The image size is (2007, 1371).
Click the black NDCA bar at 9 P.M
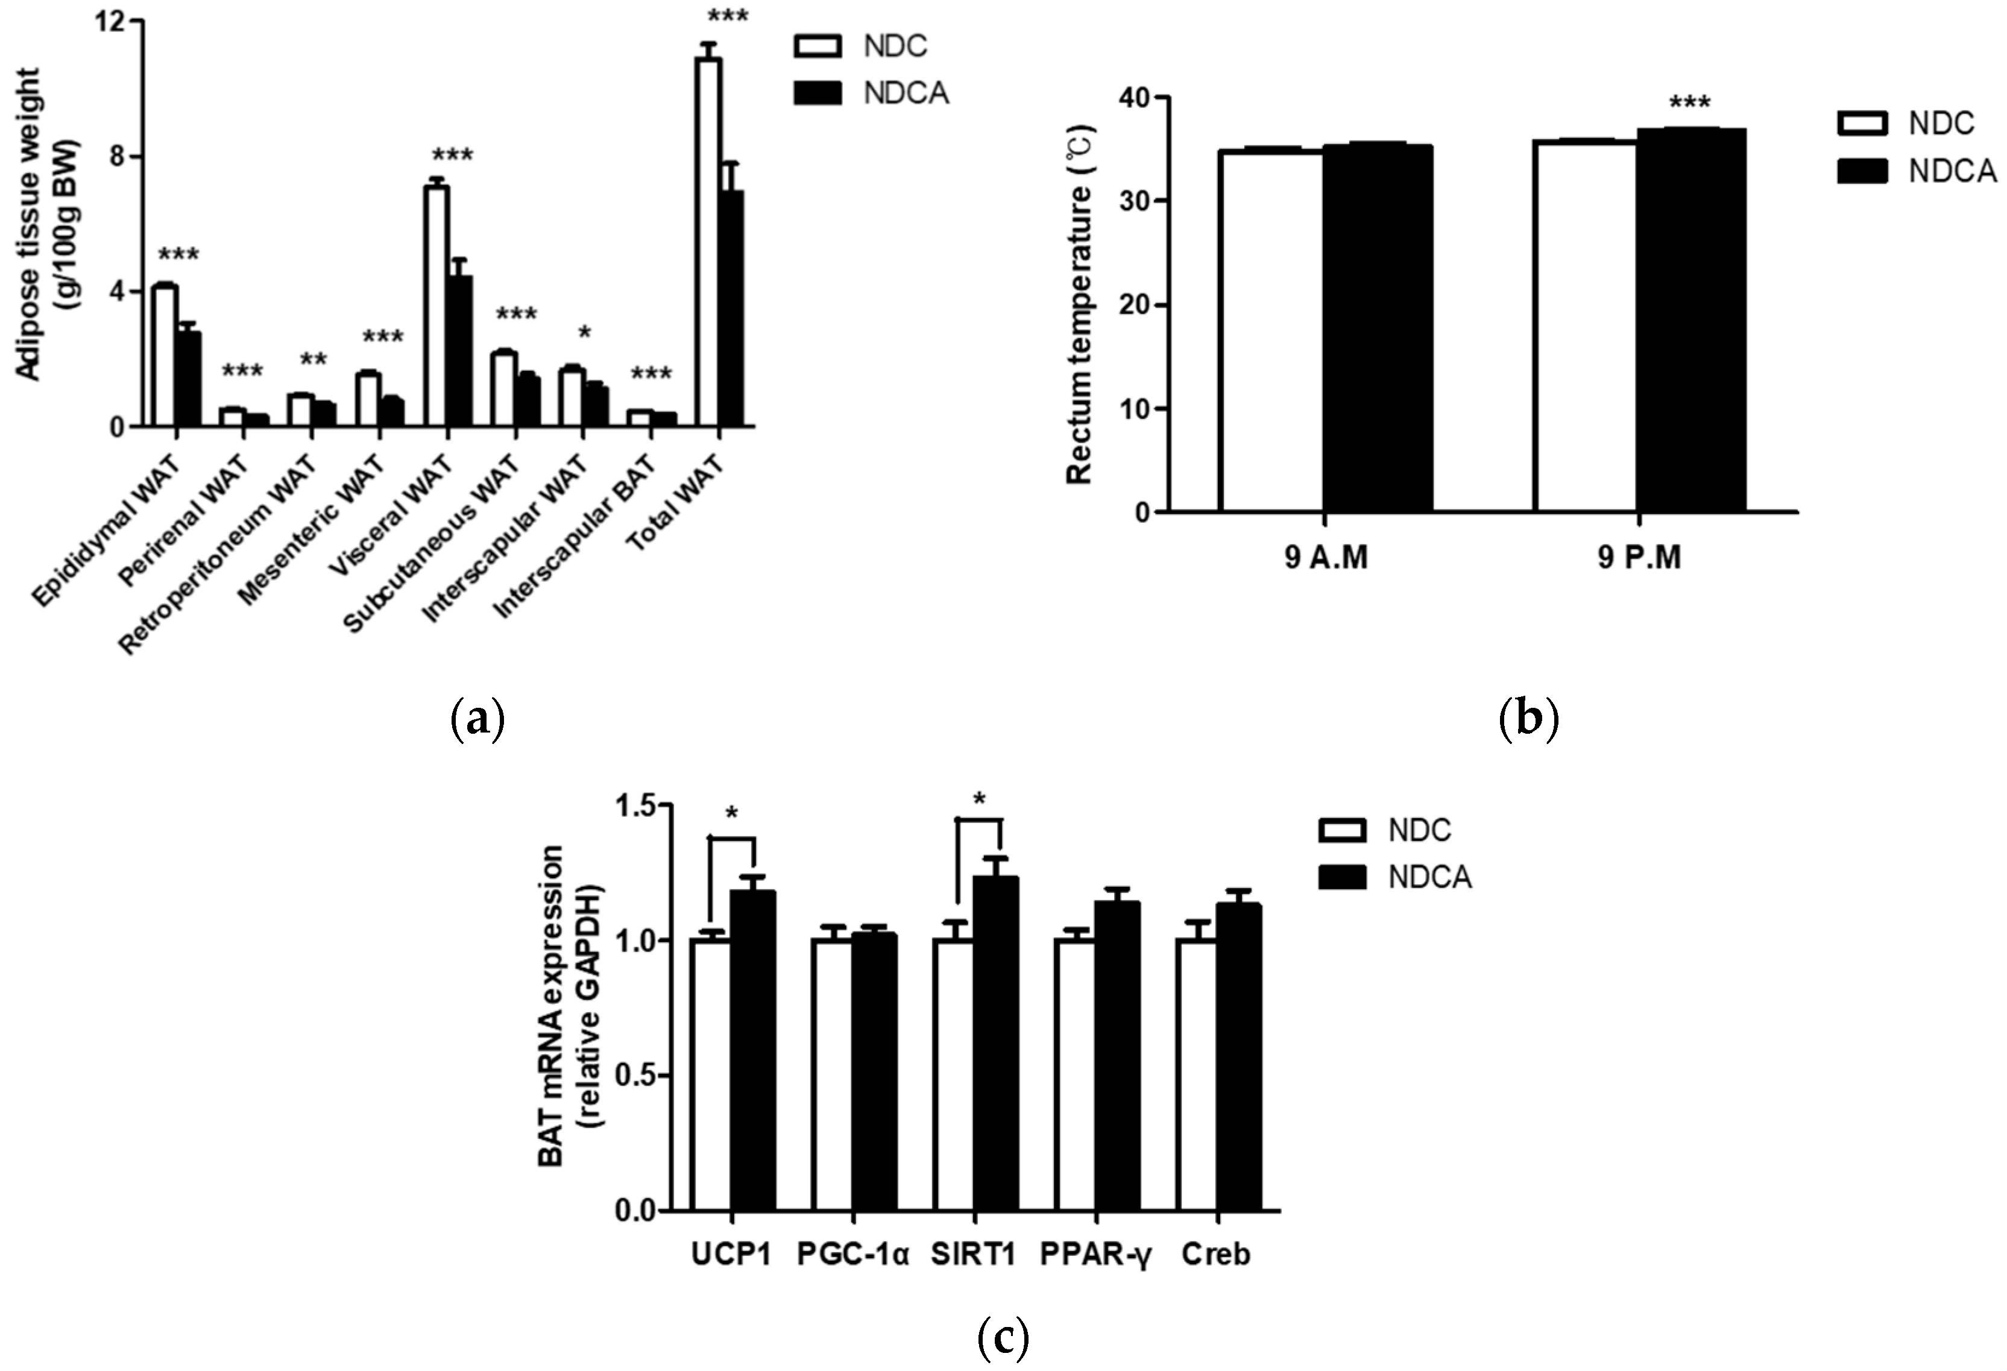tap(1691, 320)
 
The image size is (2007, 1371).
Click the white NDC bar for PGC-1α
tap(831, 1076)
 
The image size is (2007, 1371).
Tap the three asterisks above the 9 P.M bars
tap(1689, 104)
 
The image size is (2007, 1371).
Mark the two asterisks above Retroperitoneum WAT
tap(313, 359)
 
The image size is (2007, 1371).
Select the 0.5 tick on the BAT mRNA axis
tap(638, 1076)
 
